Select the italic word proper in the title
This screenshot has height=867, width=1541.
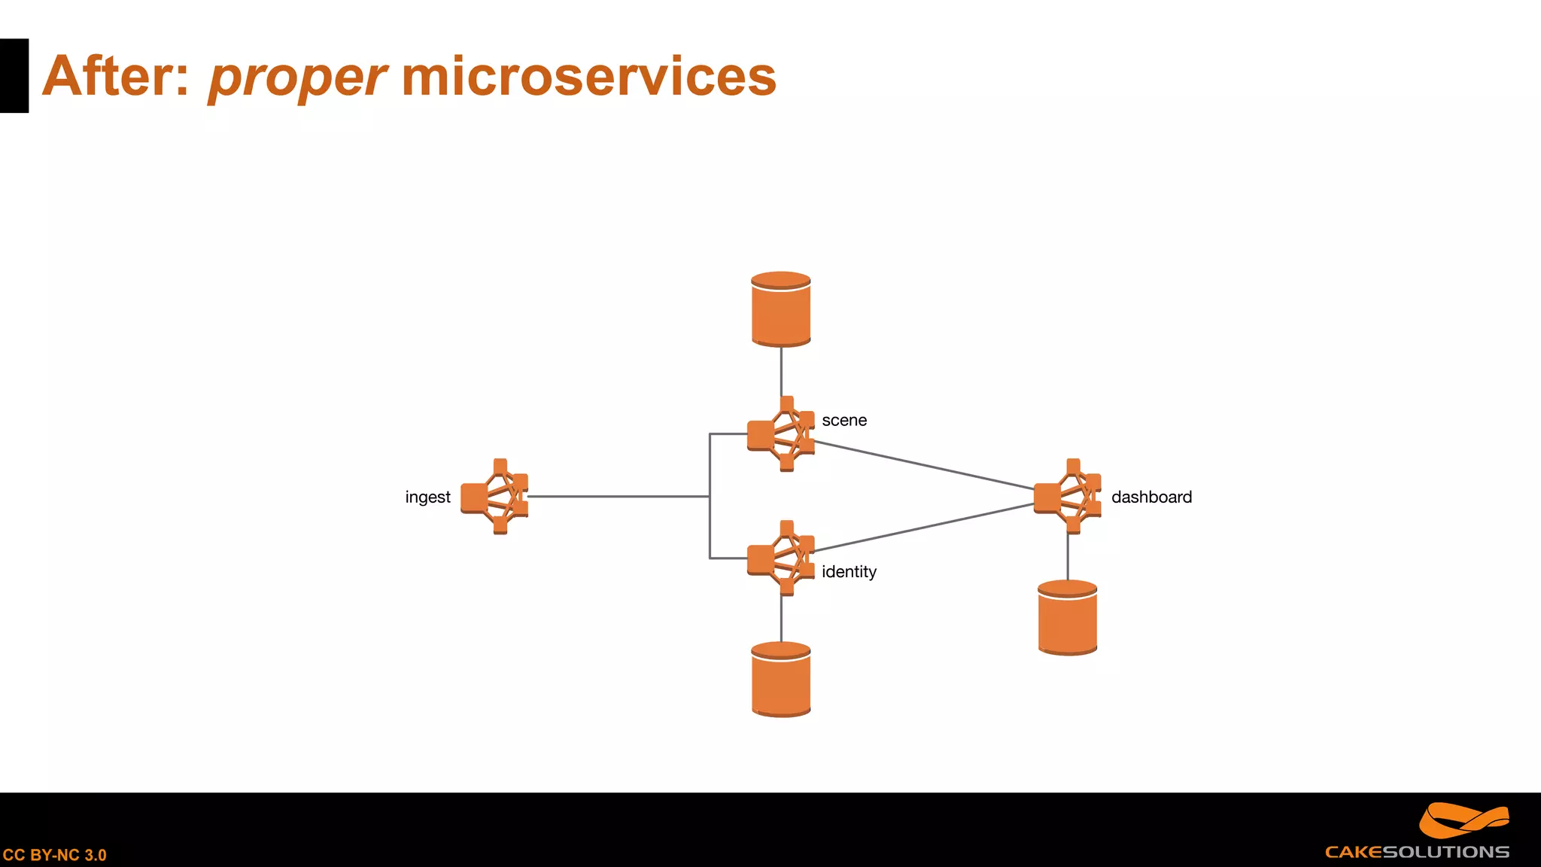pyautogui.click(x=296, y=78)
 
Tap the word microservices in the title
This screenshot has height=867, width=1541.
pyautogui.click(x=588, y=77)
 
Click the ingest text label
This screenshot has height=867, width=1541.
pyautogui.click(x=427, y=497)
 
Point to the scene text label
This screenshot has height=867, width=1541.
pyautogui.click(x=843, y=421)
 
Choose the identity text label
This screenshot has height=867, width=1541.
pyautogui.click(x=849, y=572)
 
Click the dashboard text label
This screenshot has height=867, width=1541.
pyautogui.click(x=1151, y=497)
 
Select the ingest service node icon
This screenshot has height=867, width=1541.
pyautogui.click(x=495, y=497)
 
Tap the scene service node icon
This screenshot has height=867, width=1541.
pyautogui.click(x=781, y=434)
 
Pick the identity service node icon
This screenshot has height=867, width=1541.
pyautogui.click(x=781, y=558)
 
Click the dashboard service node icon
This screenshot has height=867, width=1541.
pyautogui.click(x=1068, y=497)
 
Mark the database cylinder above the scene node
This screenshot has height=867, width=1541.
pyautogui.click(x=781, y=309)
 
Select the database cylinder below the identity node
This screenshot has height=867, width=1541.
pyautogui.click(x=781, y=680)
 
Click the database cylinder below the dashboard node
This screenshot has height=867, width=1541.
pyautogui.click(x=1067, y=618)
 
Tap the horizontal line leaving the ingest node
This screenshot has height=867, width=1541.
pyautogui.click(x=617, y=497)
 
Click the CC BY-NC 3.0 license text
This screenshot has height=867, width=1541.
pyautogui.click(x=55, y=855)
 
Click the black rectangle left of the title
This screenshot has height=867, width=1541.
pyautogui.click(x=14, y=76)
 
